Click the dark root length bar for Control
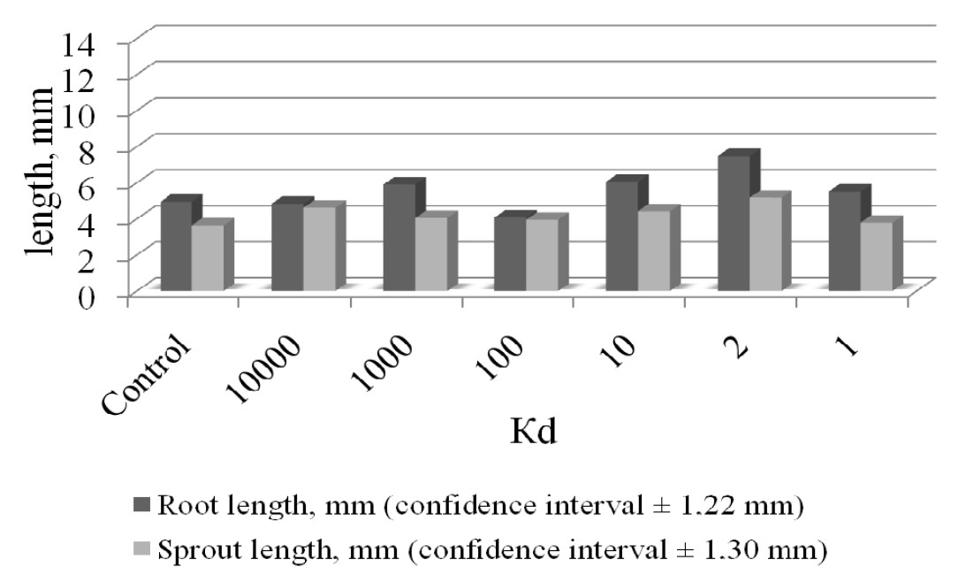point(176,246)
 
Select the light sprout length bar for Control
point(208,257)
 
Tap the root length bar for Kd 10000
point(288,247)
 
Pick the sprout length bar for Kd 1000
point(431,254)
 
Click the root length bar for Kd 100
point(511,254)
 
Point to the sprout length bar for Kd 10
point(654,250)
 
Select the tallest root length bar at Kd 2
point(734,223)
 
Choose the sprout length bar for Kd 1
point(877,256)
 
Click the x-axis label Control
point(146,376)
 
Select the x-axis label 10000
point(263,370)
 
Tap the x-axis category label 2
point(735,348)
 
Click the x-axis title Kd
point(534,432)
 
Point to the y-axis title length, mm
point(40,171)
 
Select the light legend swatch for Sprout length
point(141,549)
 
